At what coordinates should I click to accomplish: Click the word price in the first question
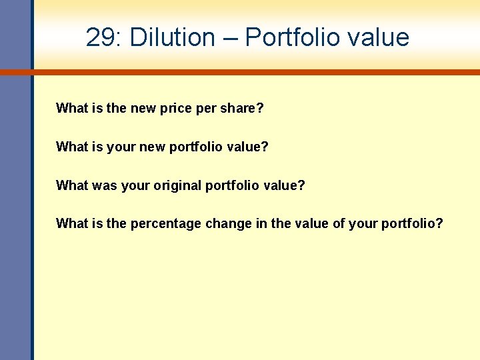(176, 108)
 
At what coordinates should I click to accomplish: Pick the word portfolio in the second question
(198, 147)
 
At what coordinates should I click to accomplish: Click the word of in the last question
(339, 223)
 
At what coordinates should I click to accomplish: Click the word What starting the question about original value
(70, 185)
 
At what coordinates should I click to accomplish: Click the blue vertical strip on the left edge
(15, 200)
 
